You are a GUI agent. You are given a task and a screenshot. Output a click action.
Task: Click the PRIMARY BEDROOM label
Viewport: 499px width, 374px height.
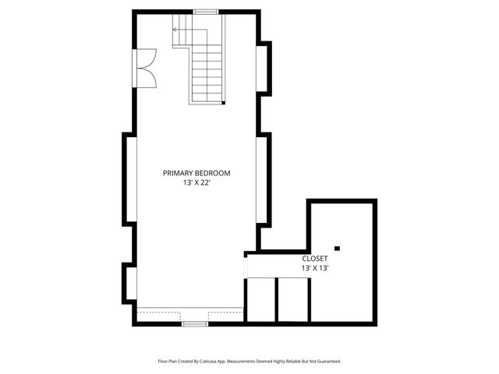[x=196, y=173]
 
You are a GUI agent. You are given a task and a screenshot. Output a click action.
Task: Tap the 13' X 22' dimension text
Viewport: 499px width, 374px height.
[x=196, y=182]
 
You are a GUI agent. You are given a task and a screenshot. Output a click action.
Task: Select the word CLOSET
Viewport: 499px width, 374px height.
[x=315, y=258]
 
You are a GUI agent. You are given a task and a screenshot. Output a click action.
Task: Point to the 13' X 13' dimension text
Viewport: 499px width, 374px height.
[x=315, y=268]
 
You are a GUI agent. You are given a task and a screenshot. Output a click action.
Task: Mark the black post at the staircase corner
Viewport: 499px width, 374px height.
[x=224, y=102]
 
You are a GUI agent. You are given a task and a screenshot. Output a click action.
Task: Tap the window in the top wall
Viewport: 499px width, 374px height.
[x=206, y=12]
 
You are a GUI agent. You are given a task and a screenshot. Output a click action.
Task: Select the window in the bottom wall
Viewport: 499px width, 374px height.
[x=195, y=322]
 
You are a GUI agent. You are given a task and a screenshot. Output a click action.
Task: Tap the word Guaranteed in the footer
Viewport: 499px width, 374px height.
[x=326, y=361]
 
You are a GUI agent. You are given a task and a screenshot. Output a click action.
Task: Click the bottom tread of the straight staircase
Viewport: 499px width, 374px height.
[x=208, y=97]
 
